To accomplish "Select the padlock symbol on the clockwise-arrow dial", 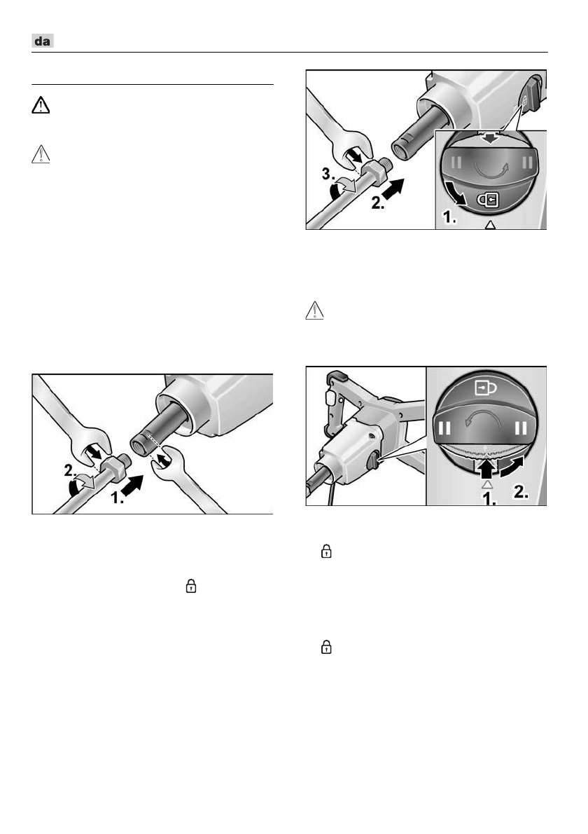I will (x=489, y=200).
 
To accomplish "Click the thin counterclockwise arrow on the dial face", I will (x=487, y=420).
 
